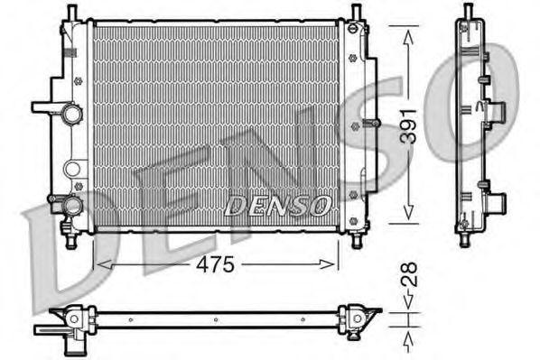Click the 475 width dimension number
point(215,264)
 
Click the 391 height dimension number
point(409,126)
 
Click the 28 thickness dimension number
point(409,274)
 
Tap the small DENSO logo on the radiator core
point(277,206)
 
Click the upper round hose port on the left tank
point(72,114)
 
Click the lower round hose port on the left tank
point(72,206)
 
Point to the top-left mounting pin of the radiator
point(71,13)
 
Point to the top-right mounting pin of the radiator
point(356,13)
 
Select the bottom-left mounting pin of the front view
point(71,241)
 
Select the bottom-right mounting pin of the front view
point(357,241)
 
